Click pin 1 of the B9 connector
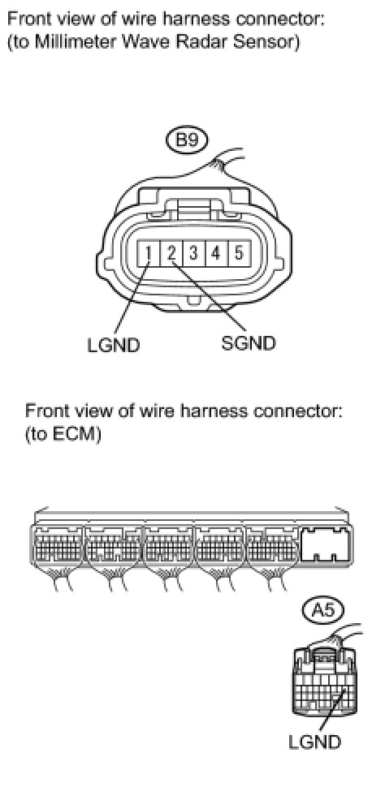pos(149,252)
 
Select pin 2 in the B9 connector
pos(171,252)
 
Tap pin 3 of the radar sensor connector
pos(194,252)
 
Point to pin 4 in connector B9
pos(217,252)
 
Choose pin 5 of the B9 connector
pos(239,252)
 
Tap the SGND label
pos(249,343)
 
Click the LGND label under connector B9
pos(114,346)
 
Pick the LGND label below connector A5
pos(314,742)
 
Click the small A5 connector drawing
pos(325,679)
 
